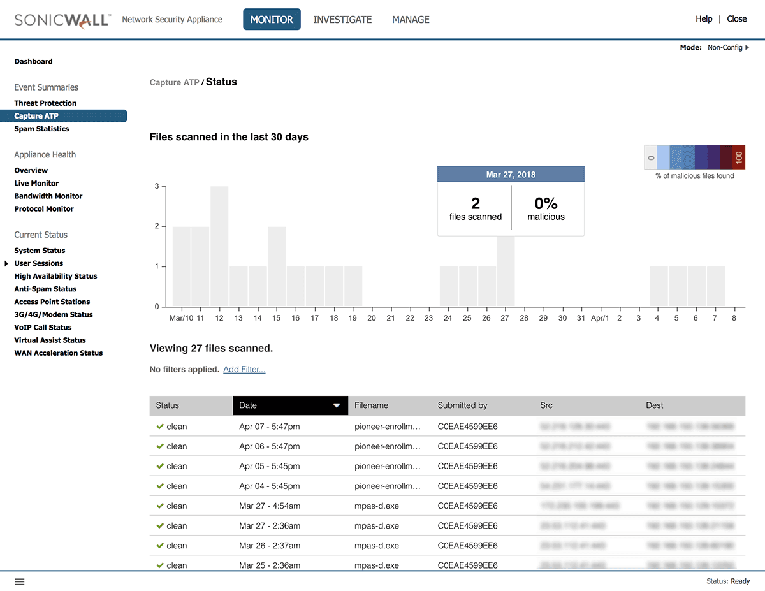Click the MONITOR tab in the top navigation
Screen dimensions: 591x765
point(272,20)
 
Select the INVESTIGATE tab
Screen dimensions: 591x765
point(342,20)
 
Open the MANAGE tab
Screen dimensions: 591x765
point(411,20)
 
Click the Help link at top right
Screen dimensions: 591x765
point(704,19)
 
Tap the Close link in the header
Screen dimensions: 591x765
point(736,19)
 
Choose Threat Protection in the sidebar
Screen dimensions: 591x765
point(45,103)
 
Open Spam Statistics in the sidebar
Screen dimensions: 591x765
point(41,129)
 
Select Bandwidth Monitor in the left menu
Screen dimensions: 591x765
point(48,196)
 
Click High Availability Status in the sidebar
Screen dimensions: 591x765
point(55,276)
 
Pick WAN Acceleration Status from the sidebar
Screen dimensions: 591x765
point(59,353)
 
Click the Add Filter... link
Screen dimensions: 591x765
point(244,370)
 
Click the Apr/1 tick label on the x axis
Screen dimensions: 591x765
point(600,317)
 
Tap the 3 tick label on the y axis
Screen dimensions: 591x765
point(157,187)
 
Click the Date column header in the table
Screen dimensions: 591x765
point(290,405)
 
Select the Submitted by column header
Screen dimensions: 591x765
point(462,405)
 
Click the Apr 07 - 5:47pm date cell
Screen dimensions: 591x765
point(269,427)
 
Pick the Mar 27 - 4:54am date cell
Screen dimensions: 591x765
point(270,506)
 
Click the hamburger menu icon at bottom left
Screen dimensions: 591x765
point(20,581)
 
